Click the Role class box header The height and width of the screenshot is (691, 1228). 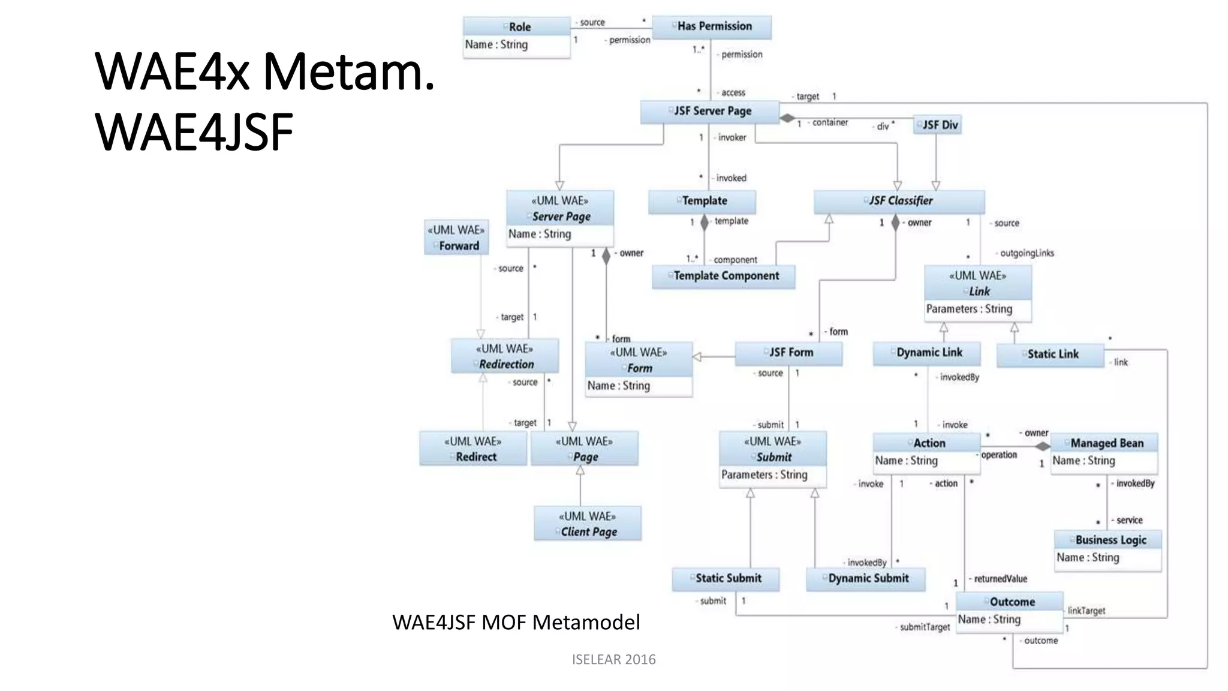pos(516,27)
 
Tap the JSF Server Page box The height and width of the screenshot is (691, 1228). pos(710,112)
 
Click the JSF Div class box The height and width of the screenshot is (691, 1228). pos(937,125)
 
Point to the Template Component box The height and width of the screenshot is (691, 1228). pos(724,276)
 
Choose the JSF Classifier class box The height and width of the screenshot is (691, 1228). pos(899,201)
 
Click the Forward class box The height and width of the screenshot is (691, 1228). pos(456,238)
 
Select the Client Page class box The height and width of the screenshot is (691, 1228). pos(588,524)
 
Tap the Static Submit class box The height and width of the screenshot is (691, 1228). pos(726,578)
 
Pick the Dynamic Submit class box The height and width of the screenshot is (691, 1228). pos(866,578)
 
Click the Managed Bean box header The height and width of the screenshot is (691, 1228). pos(1104,443)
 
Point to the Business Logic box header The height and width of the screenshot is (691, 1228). pos(1108,540)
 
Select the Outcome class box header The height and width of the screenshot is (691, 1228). pos(1010,602)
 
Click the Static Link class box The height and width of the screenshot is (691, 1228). pos(1051,354)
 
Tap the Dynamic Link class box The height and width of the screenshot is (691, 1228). pos(927,353)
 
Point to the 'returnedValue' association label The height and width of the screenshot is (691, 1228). pos(1000,579)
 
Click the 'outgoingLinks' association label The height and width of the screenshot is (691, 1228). pos(1027,253)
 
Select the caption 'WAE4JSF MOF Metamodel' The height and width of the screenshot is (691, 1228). pos(516,622)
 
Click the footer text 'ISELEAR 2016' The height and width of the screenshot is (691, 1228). pos(613,659)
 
